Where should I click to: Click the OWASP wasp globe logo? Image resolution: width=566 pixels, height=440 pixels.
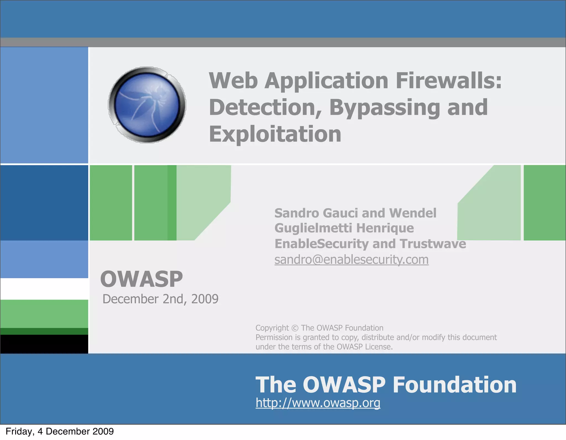pyautogui.click(x=147, y=105)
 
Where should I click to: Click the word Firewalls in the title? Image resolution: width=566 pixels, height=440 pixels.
pyautogui.click(x=448, y=81)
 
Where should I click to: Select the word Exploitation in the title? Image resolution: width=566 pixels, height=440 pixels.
pyautogui.click(x=275, y=134)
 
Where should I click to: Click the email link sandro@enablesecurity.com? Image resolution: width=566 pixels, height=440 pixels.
pyautogui.click(x=351, y=260)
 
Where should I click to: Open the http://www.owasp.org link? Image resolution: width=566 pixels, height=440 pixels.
pyautogui.click(x=318, y=403)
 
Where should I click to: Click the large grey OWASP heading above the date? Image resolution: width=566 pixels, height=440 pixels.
pyautogui.click(x=141, y=279)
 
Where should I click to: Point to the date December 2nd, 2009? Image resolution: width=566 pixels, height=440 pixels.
pyautogui.click(x=160, y=299)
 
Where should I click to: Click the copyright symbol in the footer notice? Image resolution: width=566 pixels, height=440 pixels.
pyautogui.click(x=295, y=328)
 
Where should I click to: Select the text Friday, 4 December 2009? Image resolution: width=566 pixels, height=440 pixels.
pyautogui.click(x=59, y=431)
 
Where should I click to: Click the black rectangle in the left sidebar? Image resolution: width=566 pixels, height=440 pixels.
pyautogui.click(x=44, y=344)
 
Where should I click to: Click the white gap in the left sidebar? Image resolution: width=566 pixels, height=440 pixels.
pyautogui.click(x=44, y=289)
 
